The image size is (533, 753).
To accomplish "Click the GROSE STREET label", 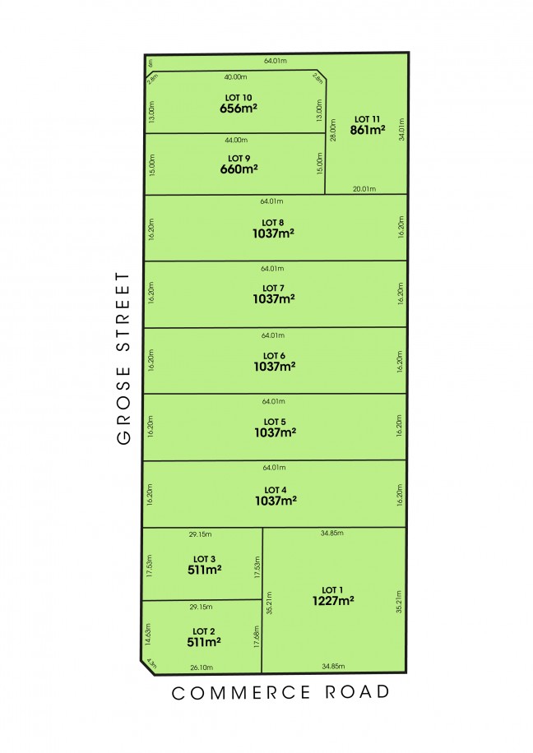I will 124,358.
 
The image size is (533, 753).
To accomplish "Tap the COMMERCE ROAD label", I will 280,693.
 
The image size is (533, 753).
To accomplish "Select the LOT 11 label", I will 367,119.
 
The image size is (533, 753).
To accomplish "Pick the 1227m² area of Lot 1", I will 332,601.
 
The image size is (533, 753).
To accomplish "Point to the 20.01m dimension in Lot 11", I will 364,188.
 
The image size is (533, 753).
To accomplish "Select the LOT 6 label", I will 274,355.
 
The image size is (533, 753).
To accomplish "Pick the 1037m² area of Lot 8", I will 274,233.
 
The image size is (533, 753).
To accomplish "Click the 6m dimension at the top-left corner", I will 151,62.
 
